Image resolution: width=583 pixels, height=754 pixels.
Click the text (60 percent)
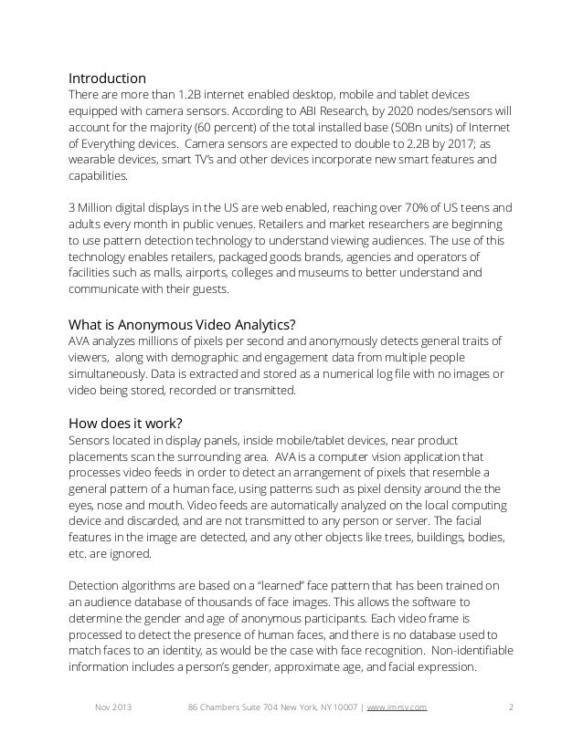(x=218, y=128)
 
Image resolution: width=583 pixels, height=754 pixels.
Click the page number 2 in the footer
(x=510, y=707)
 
